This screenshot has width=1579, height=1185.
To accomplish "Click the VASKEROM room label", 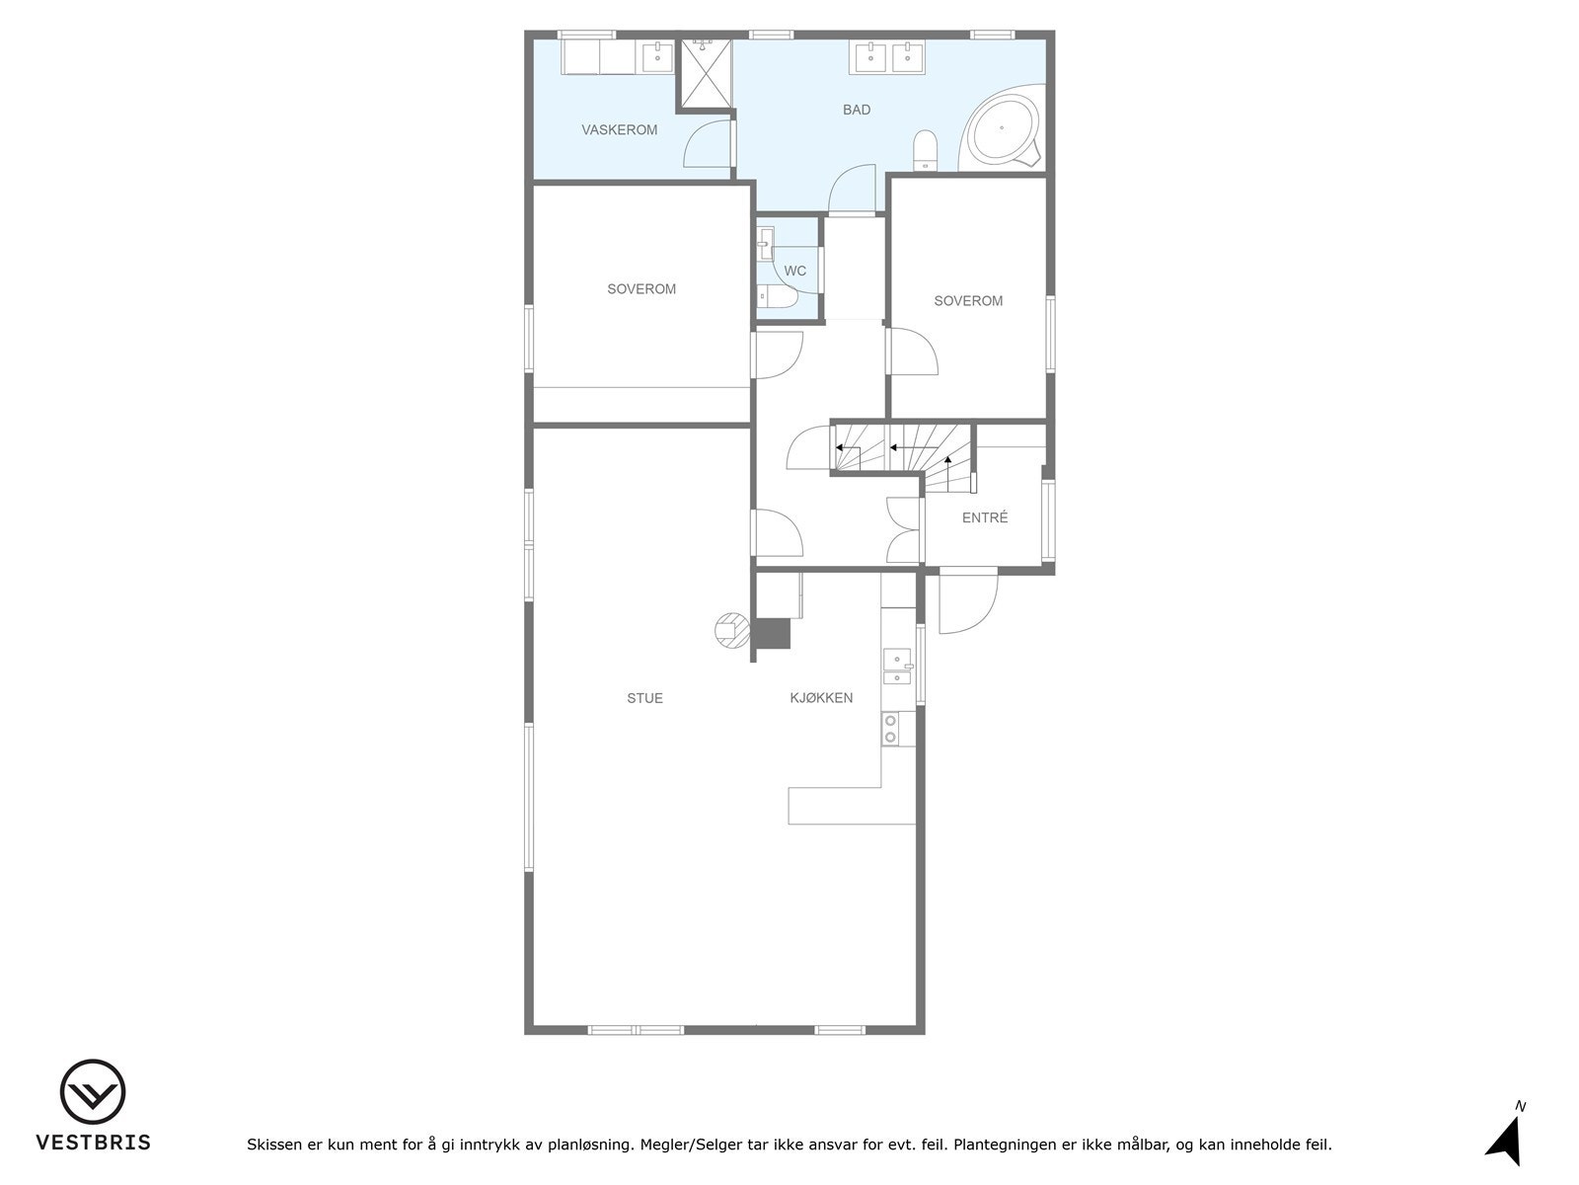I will click(619, 130).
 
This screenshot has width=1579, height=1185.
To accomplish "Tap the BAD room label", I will click(857, 110).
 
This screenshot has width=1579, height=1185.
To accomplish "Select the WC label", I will click(795, 272).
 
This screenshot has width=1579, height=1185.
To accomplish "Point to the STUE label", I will click(645, 698).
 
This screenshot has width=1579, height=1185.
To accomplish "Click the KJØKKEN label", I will click(821, 698).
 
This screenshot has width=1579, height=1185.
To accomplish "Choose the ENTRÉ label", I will click(985, 517).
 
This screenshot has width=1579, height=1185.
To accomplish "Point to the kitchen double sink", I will click(897, 666).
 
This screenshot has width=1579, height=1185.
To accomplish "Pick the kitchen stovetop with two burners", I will click(891, 729).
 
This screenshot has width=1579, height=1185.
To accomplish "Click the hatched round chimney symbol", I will click(731, 629).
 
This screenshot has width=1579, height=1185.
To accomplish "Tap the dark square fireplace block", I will click(772, 633).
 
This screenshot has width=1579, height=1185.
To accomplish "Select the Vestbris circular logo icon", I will click(93, 1093).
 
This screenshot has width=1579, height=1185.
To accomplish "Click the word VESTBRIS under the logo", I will click(94, 1143).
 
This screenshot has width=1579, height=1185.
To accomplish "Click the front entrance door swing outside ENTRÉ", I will click(965, 602).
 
